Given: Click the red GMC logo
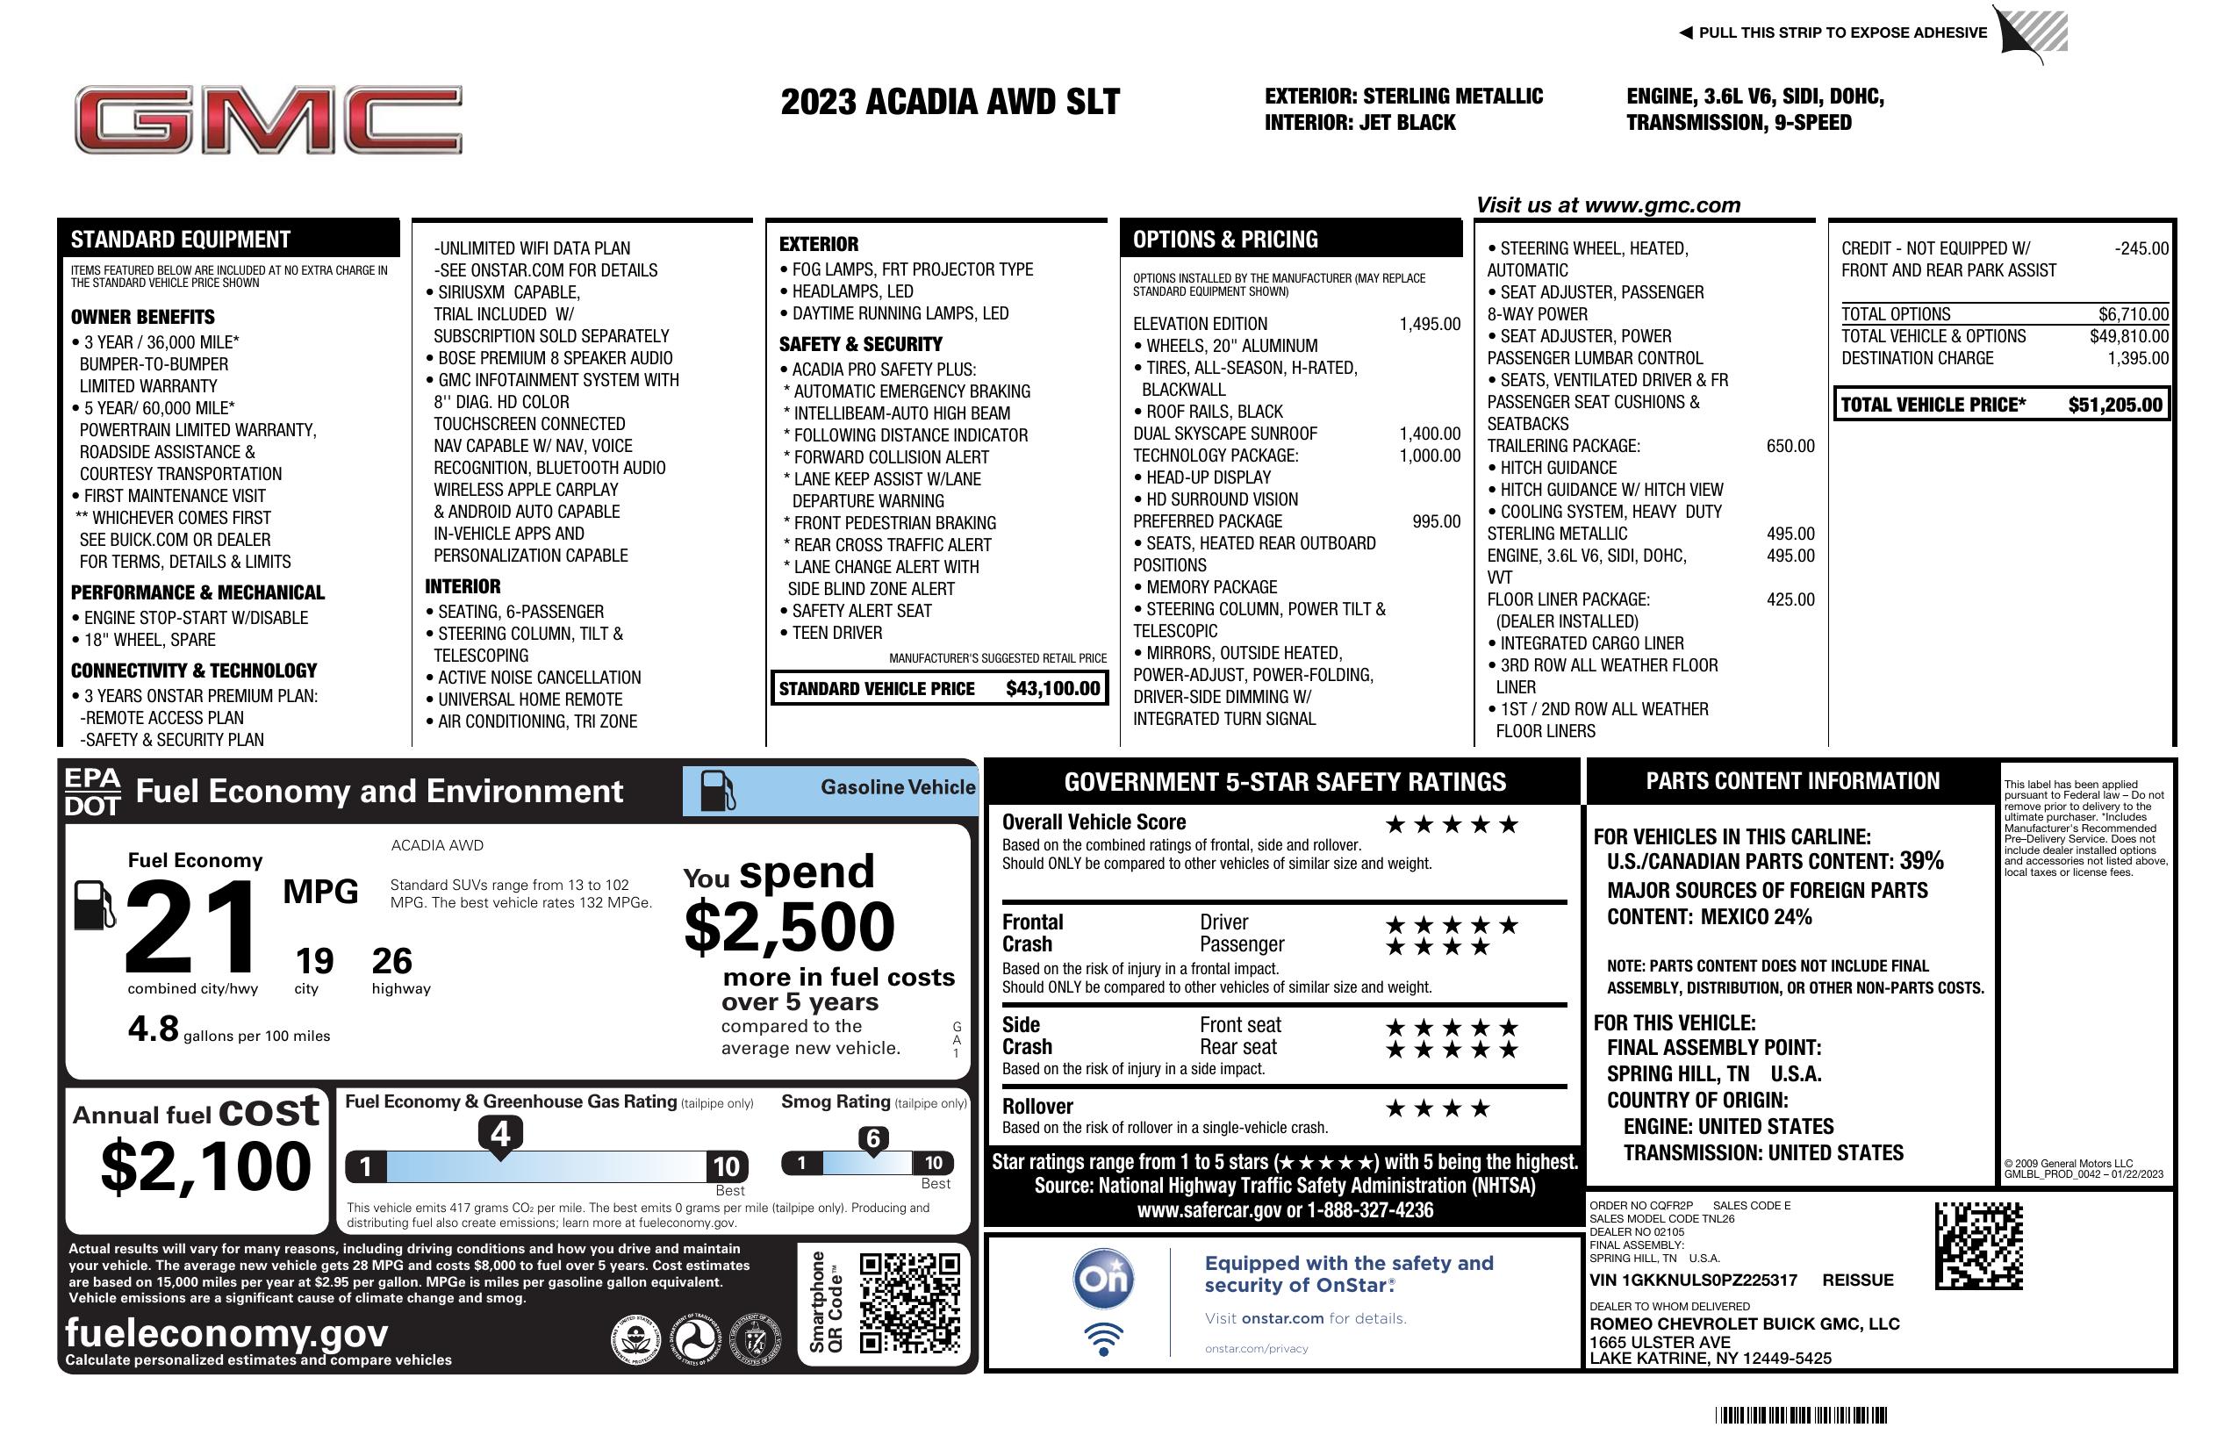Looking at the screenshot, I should pyautogui.click(x=268, y=120).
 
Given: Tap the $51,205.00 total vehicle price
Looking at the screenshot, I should pyautogui.click(x=2115, y=405).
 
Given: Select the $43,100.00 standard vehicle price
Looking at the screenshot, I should pyautogui.click(x=1052, y=688).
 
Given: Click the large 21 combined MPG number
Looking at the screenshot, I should pyautogui.click(x=191, y=927).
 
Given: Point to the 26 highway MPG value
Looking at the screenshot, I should pyautogui.click(x=391, y=961).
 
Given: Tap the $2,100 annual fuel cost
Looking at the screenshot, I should pyautogui.click(x=205, y=1166).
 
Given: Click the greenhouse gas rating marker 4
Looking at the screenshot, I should pyautogui.click(x=500, y=1134).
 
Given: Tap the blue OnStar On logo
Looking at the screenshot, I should pyautogui.click(x=1103, y=1279).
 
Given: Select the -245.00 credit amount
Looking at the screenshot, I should pyautogui.click(x=2141, y=249).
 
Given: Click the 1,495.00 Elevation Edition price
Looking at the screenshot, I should pyautogui.click(x=1430, y=325).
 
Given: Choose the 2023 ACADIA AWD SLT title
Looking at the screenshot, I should pyautogui.click(x=950, y=103).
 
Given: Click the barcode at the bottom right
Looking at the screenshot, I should pyautogui.click(x=1800, y=1415).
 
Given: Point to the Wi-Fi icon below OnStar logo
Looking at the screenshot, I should pyautogui.click(x=1103, y=1338).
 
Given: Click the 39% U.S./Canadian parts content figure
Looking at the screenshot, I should pyautogui.click(x=1921, y=860).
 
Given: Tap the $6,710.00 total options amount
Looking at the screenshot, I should pyautogui.click(x=2133, y=315).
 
